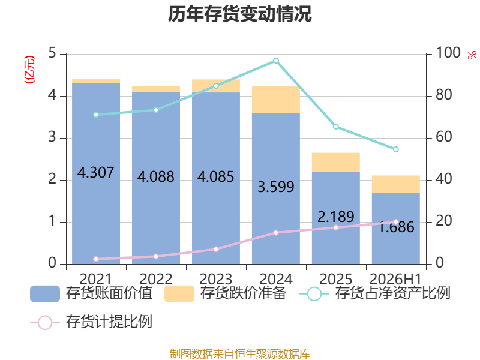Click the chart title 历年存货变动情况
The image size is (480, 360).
pyautogui.click(x=239, y=14)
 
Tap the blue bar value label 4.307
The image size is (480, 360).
pyautogui.click(x=95, y=172)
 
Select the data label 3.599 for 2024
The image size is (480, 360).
pyautogui.click(x=276, y=187)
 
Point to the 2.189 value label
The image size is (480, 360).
pyautogui.click(x=336, y=217)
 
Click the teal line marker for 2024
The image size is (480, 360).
pyautogui.click(x=276, y=61)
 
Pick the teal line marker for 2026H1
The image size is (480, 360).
pyautogui.click(x=396, y=149)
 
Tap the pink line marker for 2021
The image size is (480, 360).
pyautogui.click(x=96, y=259)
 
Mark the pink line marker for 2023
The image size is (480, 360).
pyautogui.click(x=216, y=249)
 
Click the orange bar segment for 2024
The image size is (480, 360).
pyautogui.click(x=276, y=100)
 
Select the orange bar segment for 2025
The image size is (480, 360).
pyautogui.click(x=336, y=163)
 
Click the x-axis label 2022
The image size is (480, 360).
pyautogui.click(x=156, y=279)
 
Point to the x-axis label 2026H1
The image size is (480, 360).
pyautogui.click(x=395, y=279)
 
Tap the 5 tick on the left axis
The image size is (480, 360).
pyautogui.click(x=52, y=53)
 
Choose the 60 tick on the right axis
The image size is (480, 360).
pyautogui.click(x=443, y=137)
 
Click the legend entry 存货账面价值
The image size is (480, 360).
pyautogui.click(x=91, y=293)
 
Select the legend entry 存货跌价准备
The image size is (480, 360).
pyautogui.click(x=226, y=293)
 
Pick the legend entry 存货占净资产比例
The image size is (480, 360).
pyautogui.click(x=374, y=293)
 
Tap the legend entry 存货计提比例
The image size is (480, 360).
pyautogui.click(x=91, y=322)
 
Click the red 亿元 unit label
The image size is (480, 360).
pyautogui.click(x=29, y=70)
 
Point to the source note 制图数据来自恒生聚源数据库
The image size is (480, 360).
pyautogui.click(x=240, y=354)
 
